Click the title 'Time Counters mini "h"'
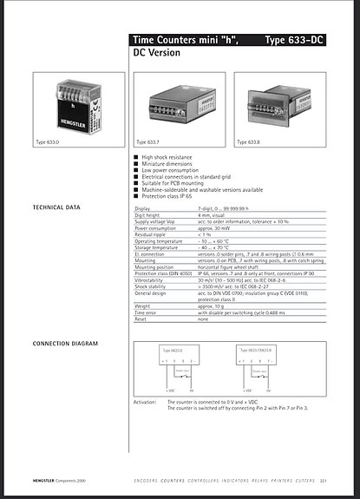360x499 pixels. coord(184,40)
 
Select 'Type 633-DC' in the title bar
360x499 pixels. coord(295,40)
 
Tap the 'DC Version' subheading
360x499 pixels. coord(156,53)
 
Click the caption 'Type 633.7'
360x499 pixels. coord(150,141)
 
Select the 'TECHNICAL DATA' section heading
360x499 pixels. coord(56,208)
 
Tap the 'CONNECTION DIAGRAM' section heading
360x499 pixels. coord(65,345)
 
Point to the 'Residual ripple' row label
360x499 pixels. coord(154,234)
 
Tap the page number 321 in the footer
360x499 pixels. coord(323,480)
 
